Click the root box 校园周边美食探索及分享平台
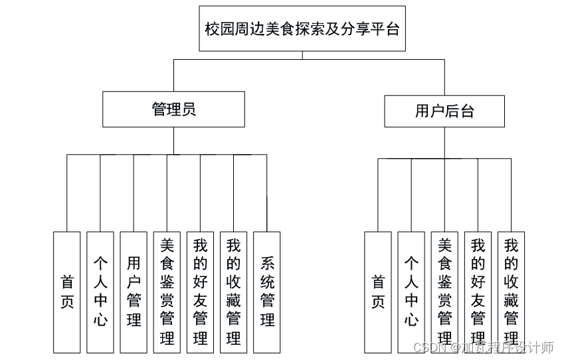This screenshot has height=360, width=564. click(302, 29)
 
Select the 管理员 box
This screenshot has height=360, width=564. click(173, 110)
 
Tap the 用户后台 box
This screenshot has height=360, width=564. click(444, 111)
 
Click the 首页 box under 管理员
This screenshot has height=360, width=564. click(67, 292)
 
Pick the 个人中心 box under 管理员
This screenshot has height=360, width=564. click(100, 292)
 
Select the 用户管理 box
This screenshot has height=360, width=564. click(134, 292)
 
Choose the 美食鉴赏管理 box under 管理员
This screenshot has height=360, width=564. click(167, 292)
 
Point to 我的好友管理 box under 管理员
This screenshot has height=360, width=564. click(200, 292)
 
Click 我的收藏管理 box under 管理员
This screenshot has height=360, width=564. click(233, 292)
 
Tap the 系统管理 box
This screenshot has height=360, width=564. click(267, 292)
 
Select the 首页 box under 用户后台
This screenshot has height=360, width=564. click(378, 292)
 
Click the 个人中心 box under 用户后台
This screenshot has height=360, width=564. click(411, 292)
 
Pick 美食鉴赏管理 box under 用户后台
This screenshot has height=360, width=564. click(444, 292)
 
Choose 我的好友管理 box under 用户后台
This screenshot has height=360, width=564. click(478, 292)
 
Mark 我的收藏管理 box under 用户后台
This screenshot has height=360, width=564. click(511, 292)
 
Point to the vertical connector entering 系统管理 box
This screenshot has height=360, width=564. click(266, 193)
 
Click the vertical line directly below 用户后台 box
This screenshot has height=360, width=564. click(444, 142)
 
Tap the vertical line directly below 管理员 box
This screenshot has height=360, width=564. click(173, 140)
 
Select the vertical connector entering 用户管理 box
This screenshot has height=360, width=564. click(134, 193)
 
